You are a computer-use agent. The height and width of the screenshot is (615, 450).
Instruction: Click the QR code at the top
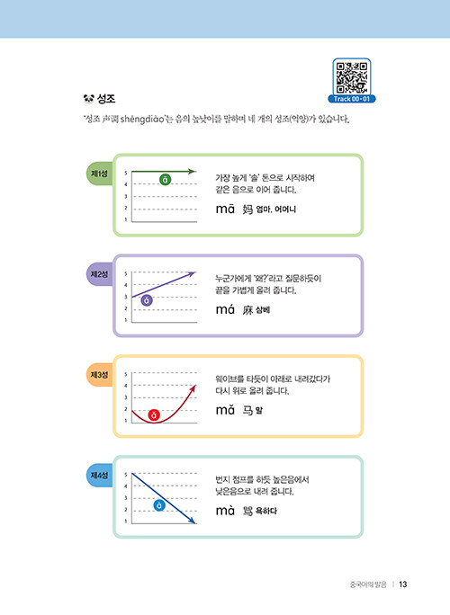[x=351, y=77]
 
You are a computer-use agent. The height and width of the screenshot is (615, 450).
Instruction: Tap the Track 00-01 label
[x=351, y=99]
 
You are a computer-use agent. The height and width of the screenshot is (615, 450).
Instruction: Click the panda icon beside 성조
[x=89, y=98]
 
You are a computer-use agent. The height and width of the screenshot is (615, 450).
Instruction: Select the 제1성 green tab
[x=99, y=174]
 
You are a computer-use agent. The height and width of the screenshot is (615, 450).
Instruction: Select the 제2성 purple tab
[x=99, y=274]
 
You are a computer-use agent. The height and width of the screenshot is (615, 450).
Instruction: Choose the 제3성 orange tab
[x=99, y=375]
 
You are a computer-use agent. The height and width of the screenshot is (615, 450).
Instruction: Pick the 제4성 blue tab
[x=99, y=476]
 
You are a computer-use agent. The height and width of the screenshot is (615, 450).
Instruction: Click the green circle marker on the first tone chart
[x=166, y=180]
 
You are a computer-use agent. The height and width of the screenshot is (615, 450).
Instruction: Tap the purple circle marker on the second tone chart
[x=147, y=300]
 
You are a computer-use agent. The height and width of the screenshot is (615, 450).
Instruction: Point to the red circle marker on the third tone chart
[x=154, y=415]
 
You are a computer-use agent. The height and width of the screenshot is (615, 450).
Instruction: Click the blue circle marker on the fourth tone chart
[x=159, y=505]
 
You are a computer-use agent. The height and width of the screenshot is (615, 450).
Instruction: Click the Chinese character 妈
[x=247, y=209]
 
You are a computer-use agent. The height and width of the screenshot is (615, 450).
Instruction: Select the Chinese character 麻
[x=247, y=310]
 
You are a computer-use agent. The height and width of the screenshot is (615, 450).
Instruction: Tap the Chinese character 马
[x=247, y=411]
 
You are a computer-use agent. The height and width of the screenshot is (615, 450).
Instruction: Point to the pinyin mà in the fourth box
[x=225, y=511]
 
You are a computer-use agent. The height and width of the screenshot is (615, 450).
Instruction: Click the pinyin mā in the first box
[x=225, y=209]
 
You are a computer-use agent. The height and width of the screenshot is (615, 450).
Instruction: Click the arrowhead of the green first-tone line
[x=192, y=172]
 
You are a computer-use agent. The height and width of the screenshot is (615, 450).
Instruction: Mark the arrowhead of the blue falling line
[x=193, y=521]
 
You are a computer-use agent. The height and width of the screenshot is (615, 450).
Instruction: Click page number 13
[x=403, y=584]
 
